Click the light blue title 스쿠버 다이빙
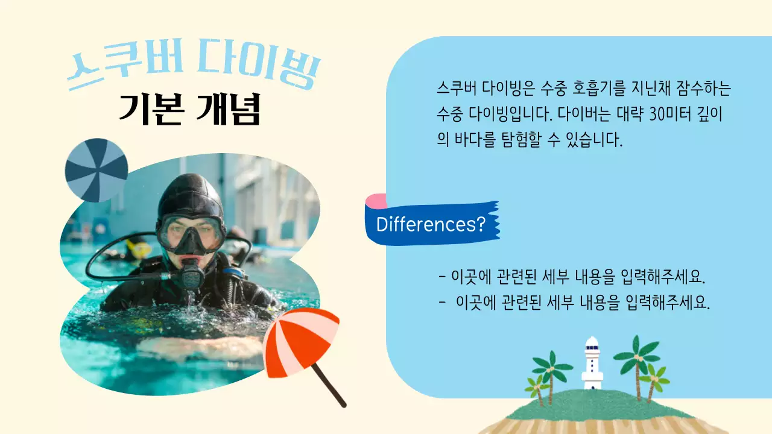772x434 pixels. pos(193,70)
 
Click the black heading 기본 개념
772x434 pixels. pos(189,109)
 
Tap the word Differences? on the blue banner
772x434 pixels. pos(431,224)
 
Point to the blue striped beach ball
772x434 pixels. pos(96,170)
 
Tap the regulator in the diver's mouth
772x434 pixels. pos(192,272)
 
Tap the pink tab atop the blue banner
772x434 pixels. pos(376,201)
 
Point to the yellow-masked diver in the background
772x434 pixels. pos(138,248)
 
